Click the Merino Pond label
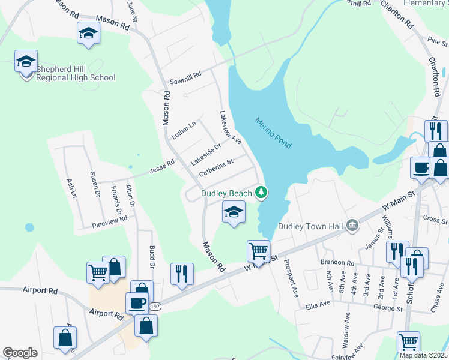[x=273, y=133]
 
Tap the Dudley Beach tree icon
[x=261, y=193]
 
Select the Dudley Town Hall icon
[x=352, y=226]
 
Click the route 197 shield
[x=155, y=307]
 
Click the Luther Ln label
[x=184, y=130]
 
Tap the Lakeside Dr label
[x=206, y=154]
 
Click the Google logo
[x=20, y=352]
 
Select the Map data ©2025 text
[x=423, y=355]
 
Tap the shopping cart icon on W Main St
[x=258, y=250]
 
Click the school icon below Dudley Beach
[x=234, y=211]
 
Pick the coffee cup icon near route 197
[x=137, y=302]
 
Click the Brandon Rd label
[x=337, y=263]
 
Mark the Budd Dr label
[x=152, y=257]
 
